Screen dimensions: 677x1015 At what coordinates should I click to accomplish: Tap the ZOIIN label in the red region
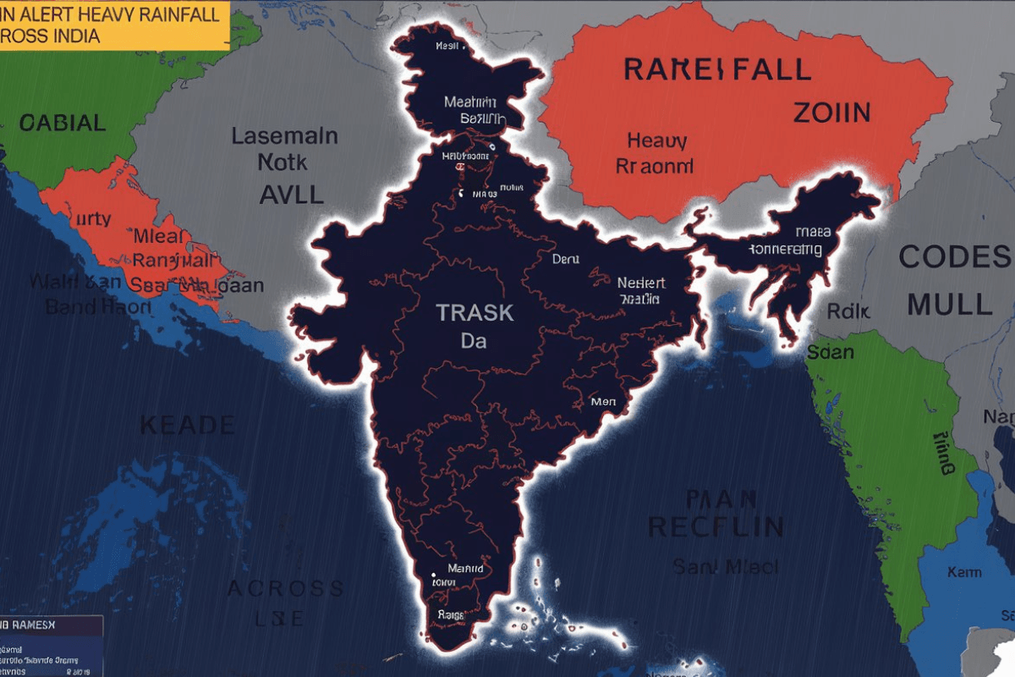(x=831, y=112)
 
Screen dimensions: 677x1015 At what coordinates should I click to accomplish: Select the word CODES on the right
(x=954, y=256)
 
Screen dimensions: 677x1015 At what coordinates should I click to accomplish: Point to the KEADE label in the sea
(x=187, y=424)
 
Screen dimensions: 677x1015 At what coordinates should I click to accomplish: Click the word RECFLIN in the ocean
(x=716, y=526)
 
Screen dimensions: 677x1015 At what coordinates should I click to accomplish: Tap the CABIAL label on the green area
(x=63, y=123)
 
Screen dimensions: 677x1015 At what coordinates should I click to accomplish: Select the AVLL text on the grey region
(x=291, y=194)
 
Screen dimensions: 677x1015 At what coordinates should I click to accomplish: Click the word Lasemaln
(x=284, y=136)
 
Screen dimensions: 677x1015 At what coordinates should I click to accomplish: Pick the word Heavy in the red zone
(x=656, y=140)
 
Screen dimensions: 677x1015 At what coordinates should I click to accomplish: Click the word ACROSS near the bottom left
(x=285, y=588)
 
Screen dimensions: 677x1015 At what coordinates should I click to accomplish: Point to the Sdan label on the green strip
(x=830, y=351)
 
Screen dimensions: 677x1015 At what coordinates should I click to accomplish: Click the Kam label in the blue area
(x=964, y=572)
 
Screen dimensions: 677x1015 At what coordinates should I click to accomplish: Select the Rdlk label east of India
(x=848, y=311)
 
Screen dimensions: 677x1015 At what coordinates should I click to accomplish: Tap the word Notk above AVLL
(x=283, y=162)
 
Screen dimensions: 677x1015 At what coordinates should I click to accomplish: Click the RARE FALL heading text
(x=716, y=69)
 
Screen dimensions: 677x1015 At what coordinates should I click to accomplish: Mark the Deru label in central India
(x=564, y=259)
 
